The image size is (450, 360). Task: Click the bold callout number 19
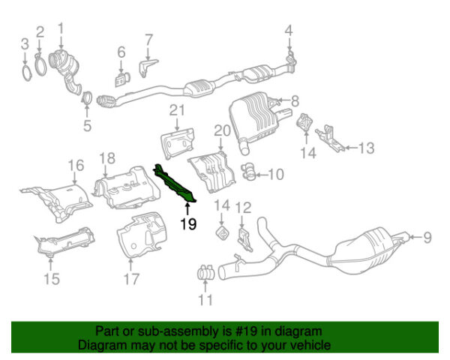click(188, 223)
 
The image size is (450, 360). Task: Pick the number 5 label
click(86, 124)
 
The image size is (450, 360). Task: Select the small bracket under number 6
click(120, 78)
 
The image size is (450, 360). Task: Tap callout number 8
click(294, 100)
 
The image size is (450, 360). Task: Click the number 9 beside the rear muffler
click(427, 238)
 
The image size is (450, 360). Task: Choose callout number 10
click(275, 175)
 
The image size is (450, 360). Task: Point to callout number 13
click(365, 148)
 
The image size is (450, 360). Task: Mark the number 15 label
click(51, 280)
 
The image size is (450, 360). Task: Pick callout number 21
click(176, 111)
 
